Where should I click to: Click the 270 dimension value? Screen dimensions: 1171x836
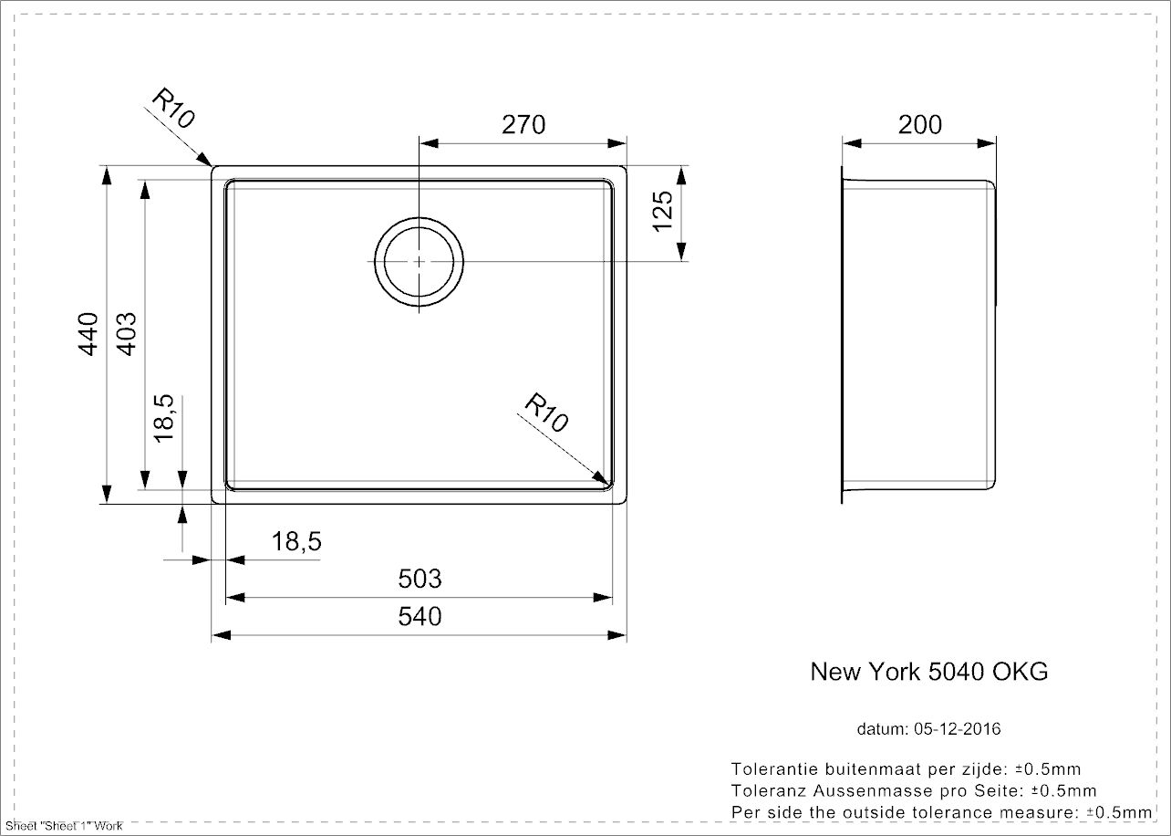coord(523,124)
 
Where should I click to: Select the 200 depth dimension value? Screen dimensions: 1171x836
coord(919,124)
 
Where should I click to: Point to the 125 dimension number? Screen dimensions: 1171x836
coord(663,212)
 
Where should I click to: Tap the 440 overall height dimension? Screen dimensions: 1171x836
coord(88,334)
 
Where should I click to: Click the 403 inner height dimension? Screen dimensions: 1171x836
coord(126,334)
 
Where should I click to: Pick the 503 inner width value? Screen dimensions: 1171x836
coord(420,579)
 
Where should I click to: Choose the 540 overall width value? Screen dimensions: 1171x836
coord(420,616)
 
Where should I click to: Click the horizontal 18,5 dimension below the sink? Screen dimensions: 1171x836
coord(296,541)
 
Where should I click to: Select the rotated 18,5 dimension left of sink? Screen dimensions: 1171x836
coord(163,418)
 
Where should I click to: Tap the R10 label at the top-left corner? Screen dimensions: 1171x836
coord(173,109)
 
